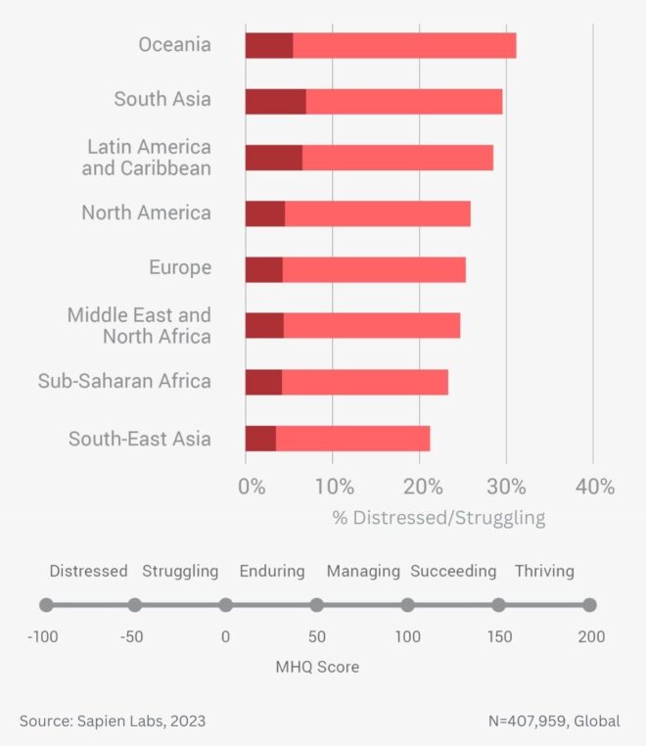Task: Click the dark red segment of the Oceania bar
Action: (x=268, y=45)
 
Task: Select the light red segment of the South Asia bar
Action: (x=403, y=101)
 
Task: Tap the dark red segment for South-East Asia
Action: (x=260, y=439)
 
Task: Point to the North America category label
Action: (x=146, y=212)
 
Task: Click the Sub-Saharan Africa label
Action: (x=124, y=381)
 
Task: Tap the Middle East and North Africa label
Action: (x=139, y=326)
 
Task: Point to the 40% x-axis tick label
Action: (x=594, y=488)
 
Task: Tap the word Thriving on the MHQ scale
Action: (x=544, y=571)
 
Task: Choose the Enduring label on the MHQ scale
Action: (x=272, y=571)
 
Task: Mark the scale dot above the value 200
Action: (x=589, y=605)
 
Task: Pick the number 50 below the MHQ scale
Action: (x=317, y=636)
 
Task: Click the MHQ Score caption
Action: (x=317, y=667)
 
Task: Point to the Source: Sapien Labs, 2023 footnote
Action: (x=113, y=722)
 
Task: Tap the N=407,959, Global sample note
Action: (x=554, y=722)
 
